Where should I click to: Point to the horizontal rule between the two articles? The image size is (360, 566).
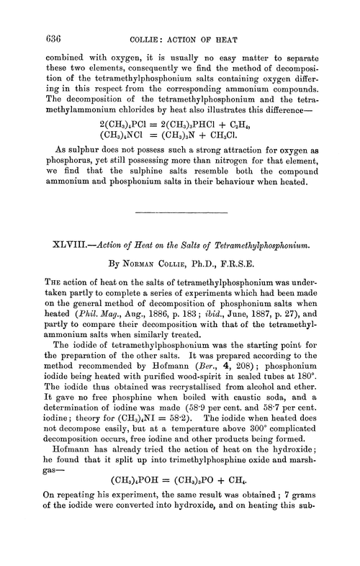[180, 214]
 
